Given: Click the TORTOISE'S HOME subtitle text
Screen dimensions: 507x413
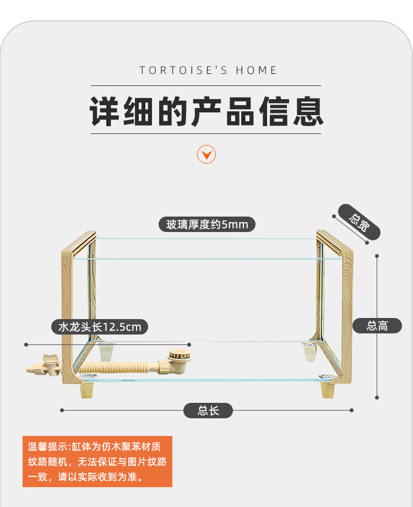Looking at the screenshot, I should pos(208,71).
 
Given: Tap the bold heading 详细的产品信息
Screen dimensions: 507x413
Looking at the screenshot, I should pos(206,111).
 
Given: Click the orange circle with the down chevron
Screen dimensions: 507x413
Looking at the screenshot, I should pos(206,155).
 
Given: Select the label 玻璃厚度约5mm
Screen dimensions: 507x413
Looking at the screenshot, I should pos(207,225).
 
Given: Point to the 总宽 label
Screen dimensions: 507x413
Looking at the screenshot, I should pos(359,223).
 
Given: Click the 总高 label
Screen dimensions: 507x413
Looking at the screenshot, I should pos(377,326).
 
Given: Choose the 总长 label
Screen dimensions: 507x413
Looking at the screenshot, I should pos(208,411).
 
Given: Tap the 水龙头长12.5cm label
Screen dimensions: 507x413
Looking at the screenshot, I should pos(100,327).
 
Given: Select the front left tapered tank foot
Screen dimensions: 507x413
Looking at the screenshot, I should pos(87,390).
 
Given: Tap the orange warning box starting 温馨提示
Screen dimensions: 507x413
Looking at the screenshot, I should pos(97,461).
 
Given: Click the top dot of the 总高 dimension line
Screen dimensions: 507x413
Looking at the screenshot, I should pos(377,256).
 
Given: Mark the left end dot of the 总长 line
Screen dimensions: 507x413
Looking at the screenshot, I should pos(62,410).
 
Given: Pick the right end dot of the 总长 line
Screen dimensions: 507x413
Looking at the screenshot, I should pos(351,410).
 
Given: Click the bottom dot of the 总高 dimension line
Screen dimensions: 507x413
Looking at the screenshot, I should pos(377,397).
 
